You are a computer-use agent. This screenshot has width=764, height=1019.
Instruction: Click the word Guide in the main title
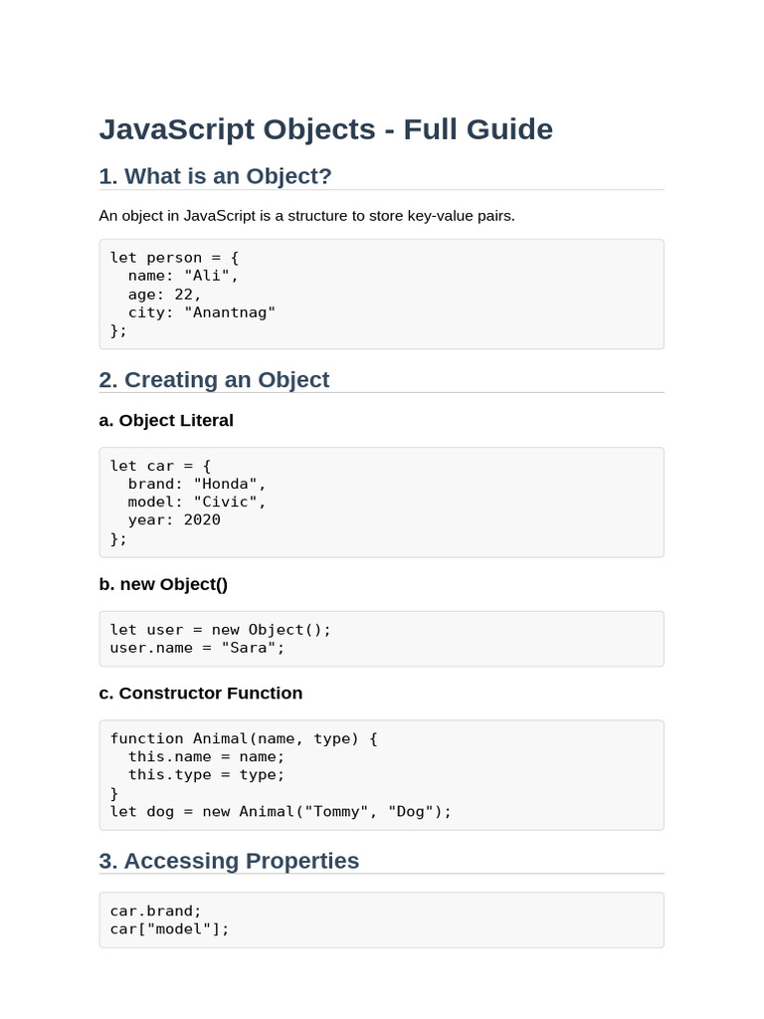[509, 129]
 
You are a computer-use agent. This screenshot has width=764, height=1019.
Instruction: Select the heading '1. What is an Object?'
[215, 176]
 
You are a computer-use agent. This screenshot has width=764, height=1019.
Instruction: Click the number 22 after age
[183, 295]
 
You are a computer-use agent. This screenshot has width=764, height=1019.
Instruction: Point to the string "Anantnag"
[230, 312]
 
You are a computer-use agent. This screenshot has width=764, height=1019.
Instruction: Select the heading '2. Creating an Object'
[214, 379]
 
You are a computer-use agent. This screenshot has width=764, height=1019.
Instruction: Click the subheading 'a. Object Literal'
[166, 421]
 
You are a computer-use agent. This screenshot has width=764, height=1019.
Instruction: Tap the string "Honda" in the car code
[225, 485]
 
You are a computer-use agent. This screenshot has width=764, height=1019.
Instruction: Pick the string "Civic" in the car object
[225, 502]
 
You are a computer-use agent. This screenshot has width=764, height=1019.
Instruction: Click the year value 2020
[202, 519]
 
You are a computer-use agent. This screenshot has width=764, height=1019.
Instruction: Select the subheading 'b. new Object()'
[163, 584]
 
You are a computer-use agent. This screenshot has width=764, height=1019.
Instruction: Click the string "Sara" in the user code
[248, 648]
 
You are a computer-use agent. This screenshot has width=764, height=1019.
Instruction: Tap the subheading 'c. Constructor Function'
[201, 694]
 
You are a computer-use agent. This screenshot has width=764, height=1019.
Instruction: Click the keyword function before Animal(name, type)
[147, 739]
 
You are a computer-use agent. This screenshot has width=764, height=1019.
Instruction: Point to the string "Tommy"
[336, 812]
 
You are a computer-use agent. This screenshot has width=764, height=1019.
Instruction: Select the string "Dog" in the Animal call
[410, 812]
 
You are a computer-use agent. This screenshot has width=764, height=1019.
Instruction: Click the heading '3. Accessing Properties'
[229, 861]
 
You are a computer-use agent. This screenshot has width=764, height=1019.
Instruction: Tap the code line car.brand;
[156, 912]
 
